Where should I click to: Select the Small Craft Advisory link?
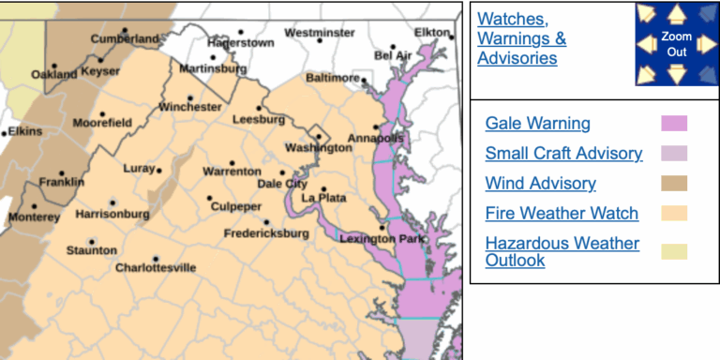coord(563,154)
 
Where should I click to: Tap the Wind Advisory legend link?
coord(540,184)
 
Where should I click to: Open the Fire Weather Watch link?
coord(562,214)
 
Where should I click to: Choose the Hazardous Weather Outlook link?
coord(562,251)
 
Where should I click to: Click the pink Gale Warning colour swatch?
coord(674,124)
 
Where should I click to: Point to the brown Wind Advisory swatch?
coord(674,184)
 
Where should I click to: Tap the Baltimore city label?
coord(333,77)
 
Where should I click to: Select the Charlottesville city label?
coord(156,267)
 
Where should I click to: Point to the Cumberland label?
coord(125,39)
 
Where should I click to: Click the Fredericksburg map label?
coord(266,232)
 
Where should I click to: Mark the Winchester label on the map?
coord(190,107)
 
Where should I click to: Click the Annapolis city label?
coord(376,139)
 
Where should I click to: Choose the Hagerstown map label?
coord(240,43)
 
